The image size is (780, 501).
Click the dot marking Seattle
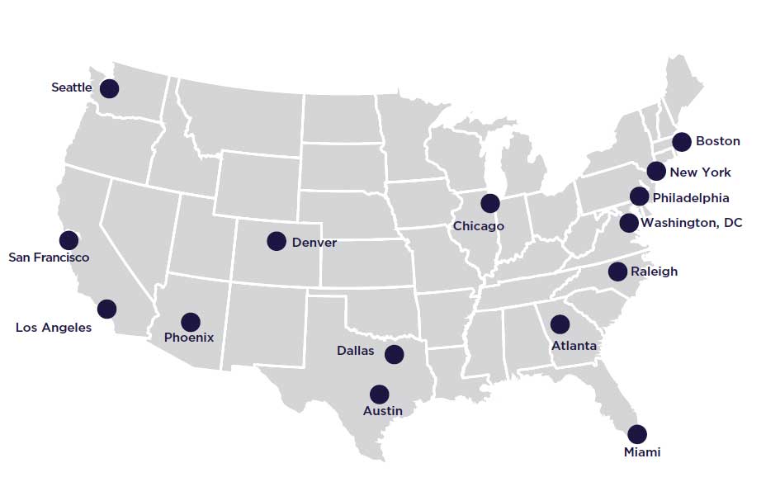[x=109, y=88]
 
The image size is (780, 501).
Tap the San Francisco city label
[x=49, y=258]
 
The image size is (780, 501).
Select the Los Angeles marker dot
[x=106, y=310]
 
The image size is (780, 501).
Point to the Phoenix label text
[x=189, y=338]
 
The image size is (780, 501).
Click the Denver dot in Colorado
[x=277, y=241]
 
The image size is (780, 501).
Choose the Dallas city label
[x=355, y=351]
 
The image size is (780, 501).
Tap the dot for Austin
[x=379, y=395]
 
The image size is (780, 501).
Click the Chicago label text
[x=478, y=226]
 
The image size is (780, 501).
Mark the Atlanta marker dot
[x=560, y=324]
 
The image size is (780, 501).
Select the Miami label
[x=642, y=452]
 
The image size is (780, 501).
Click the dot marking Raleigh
[x=617, y=272]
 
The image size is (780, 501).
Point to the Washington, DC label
[x=692, y=223]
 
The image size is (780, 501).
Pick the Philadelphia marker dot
[x=639, y=196]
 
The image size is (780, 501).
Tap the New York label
[x=700, y=173]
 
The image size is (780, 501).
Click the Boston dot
[x=682, y=141]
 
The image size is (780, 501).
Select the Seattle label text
[x=72, y=87]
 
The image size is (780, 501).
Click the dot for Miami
[x=636, y=434]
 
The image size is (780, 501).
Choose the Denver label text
[x=314, y=242]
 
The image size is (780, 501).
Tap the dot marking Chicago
[x=490, y=203]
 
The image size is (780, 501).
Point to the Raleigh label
[x=654, y=272]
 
